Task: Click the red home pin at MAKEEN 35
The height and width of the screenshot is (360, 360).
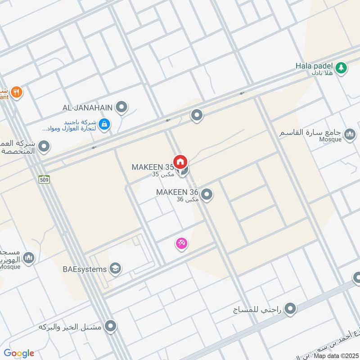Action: pos(180,162)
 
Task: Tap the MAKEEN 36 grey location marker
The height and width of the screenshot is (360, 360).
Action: pos(207,194)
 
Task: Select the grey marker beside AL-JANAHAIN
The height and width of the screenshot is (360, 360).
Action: pos(121,107)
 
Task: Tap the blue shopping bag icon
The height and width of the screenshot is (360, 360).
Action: pos(104,124)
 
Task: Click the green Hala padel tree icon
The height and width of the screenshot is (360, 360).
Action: pos(342,67)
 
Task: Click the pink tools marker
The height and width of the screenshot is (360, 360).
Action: pos(181,243)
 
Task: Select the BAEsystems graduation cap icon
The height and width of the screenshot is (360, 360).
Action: pos(115,269)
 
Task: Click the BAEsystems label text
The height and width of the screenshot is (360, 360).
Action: pos(85,269)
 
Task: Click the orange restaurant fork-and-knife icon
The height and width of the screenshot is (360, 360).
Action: pos(17,92)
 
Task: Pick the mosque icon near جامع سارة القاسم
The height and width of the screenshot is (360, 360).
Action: pos(349,134)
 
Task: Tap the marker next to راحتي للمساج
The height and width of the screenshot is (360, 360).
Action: pos(291,309)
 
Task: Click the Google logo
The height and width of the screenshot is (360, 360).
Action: pos(19,353)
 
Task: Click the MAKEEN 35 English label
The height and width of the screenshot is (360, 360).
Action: pos(153,167)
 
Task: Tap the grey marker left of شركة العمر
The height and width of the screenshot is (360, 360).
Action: pos(44,146)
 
